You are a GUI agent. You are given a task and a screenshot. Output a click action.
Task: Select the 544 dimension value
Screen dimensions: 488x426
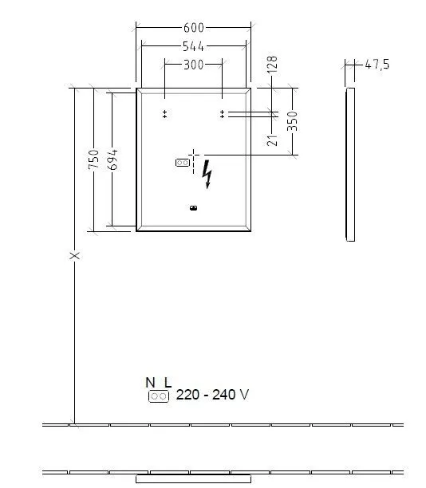tap(193, 46)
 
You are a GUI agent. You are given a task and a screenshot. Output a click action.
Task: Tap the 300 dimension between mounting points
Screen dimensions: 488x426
tap(193, 64)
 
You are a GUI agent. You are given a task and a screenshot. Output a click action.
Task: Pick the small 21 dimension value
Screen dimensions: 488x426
tap(272, 140)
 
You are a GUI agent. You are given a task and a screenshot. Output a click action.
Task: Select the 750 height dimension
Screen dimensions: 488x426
tap(94, 159)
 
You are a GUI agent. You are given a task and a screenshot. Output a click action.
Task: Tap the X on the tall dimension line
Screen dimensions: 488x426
tap(75, 255)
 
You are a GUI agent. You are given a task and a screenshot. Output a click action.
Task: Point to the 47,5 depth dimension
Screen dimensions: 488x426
tap(377, 65)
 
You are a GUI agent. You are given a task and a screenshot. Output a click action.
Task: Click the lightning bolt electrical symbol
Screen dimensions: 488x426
tap(208, 175)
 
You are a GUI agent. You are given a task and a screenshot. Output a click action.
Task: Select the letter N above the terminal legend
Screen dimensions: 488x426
tap(149, 381)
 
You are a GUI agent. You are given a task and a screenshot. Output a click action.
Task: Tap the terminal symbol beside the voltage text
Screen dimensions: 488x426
tap(158, 396)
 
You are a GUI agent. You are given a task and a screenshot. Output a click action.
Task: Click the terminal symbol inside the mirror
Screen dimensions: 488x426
tap(182, 163)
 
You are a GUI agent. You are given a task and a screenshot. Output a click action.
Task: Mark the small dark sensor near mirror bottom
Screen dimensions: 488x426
tap(193, 210)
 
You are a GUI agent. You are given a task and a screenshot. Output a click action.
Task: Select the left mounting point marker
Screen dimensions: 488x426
tap(165, 114)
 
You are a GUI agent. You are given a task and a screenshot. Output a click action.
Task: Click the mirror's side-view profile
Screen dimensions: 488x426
tap(350, 164)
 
